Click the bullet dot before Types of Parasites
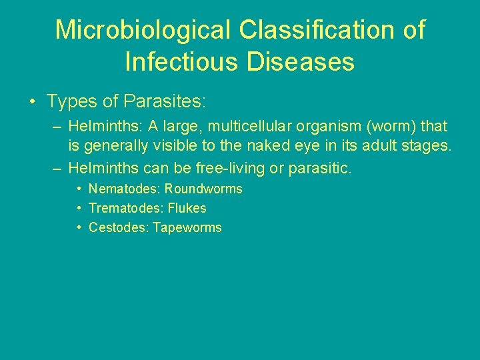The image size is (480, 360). (x=32, y=102)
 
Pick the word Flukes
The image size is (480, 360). (x=188, y=209)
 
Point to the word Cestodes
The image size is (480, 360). (x=118, y=228)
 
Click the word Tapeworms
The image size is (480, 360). (x=187, y=228)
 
